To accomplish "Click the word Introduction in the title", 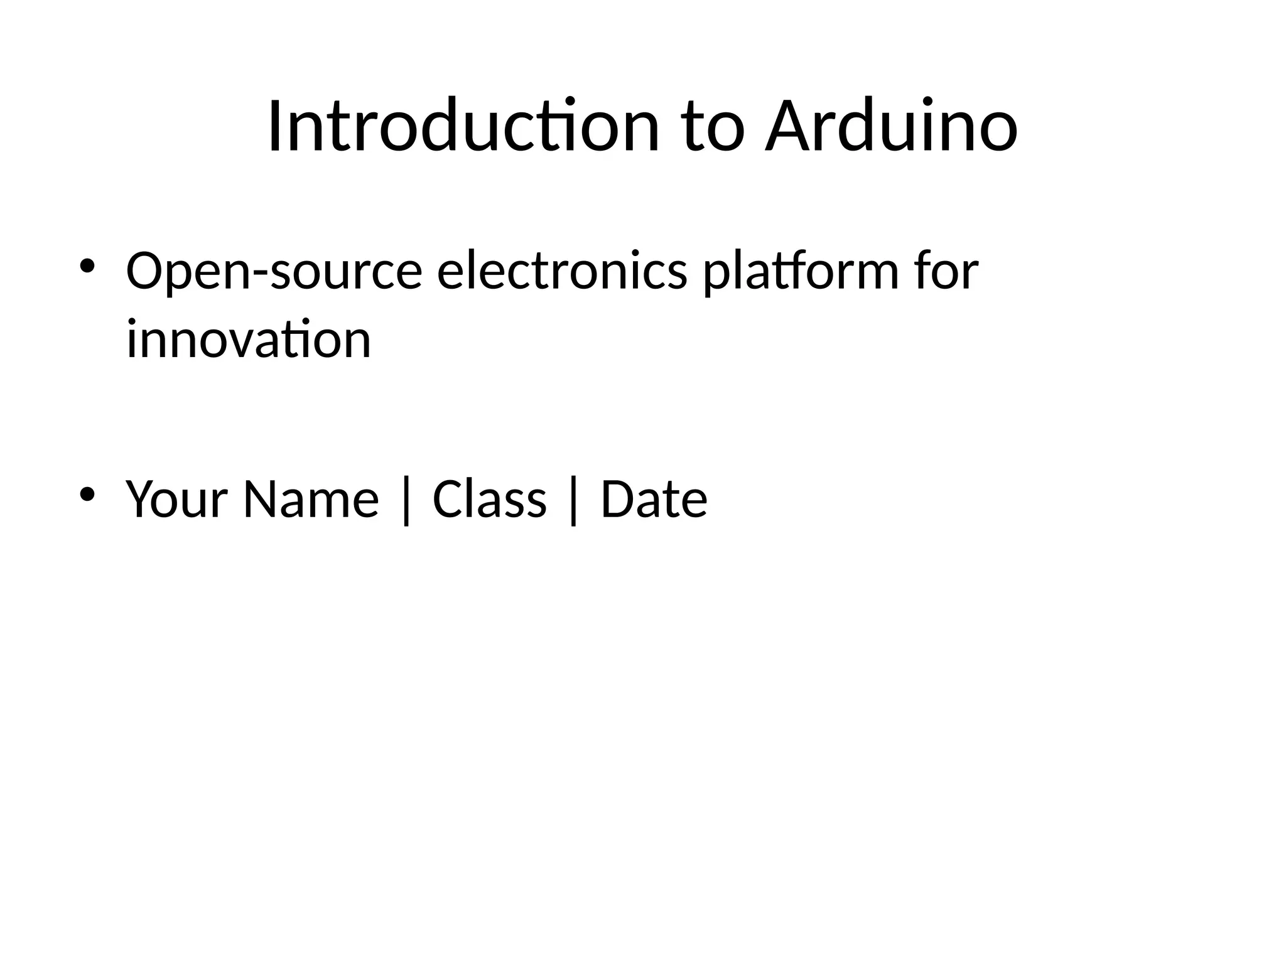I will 463,127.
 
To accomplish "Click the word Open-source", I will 274,272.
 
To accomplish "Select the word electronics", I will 561,271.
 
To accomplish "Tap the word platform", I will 801,272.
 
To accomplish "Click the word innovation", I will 249,340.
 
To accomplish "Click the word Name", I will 311,500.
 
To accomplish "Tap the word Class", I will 489,500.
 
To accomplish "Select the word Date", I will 654,500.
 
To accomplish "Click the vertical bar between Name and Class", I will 406,501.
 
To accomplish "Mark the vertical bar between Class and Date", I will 573,501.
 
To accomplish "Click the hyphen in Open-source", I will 260,274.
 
